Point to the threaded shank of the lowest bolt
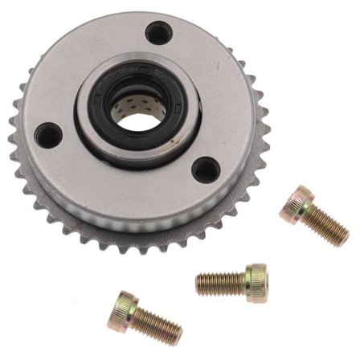[x=157, y=325]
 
